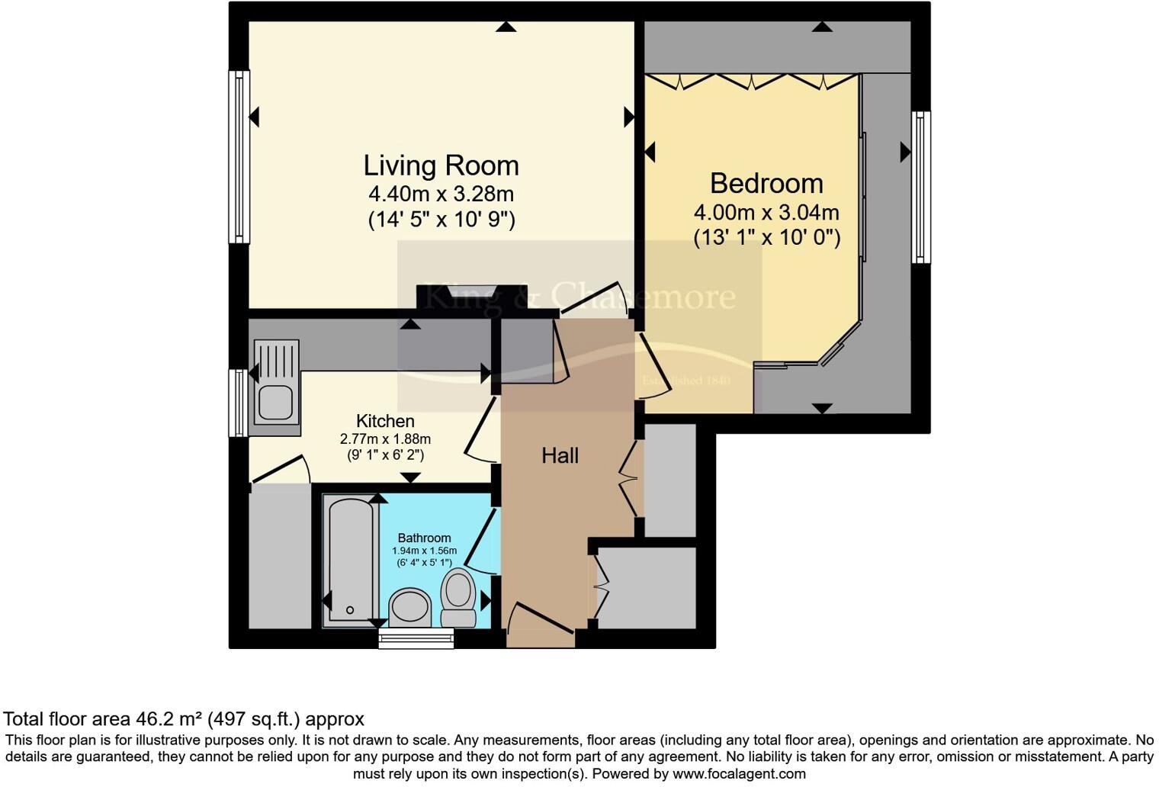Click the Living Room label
pyautogui.click(x=441, y=165)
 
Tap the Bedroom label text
pyautogui.click(x=766, y=184)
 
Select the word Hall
pyautogui.click(x=560, y=456)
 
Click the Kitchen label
pyautogui.click(x=385, y=421)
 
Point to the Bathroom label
pyautogui.click(x=424, y=538)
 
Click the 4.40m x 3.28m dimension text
pyautogui.click(x=441, y=194)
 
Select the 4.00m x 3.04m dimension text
pyautogui.click(x=766, y=212)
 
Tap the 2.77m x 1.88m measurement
pyautogui.click(x=385, y=439)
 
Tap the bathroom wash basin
pyautogui.click(x=410, y=608)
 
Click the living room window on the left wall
pyautogui.click(x=240, y=156)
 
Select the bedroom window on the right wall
pyautogui.click(x=921, y=187)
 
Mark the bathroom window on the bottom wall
pyautogui.click(x=416, y=638)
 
